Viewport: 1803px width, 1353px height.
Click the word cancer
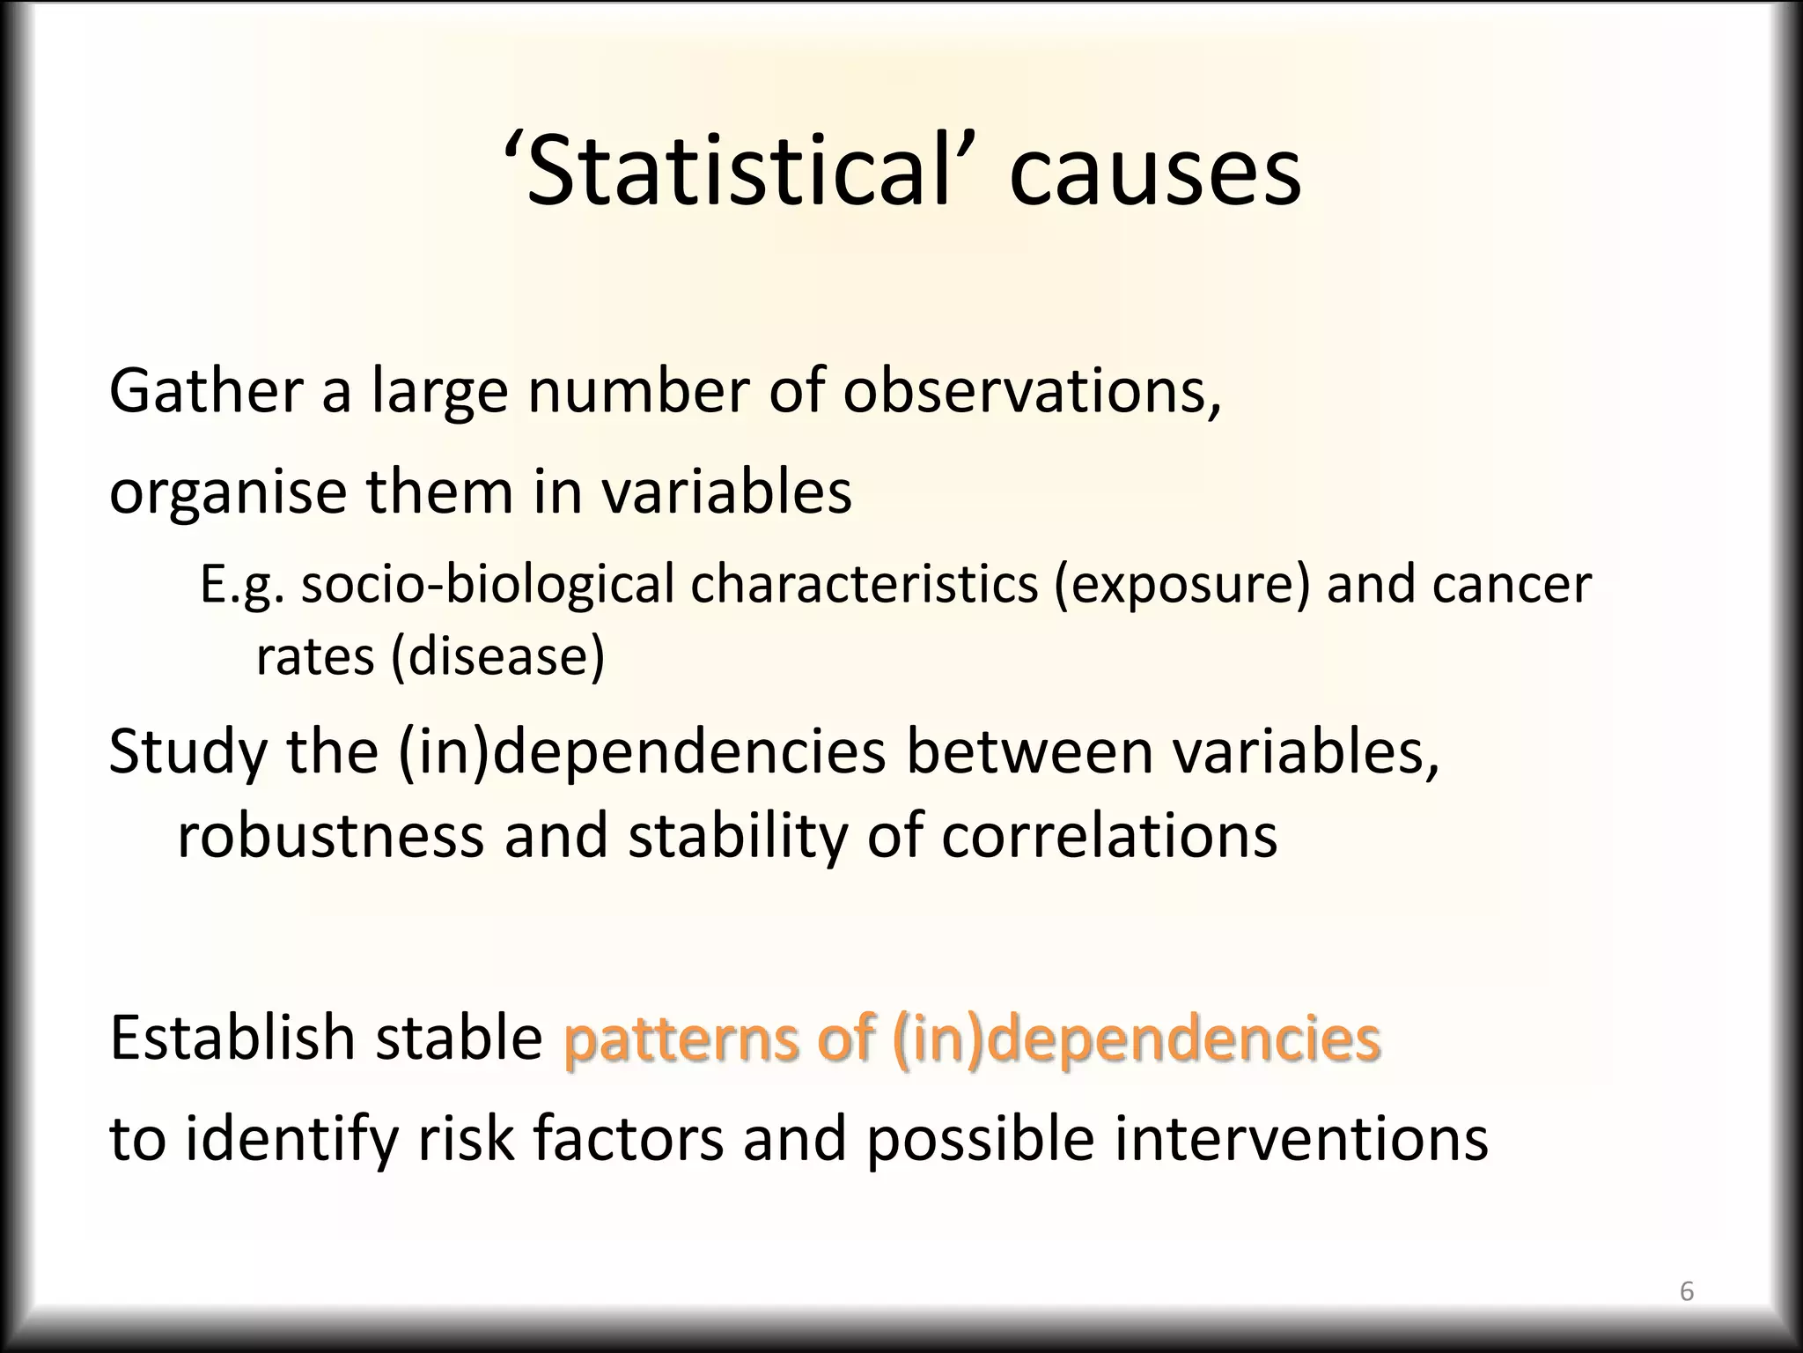tap(1511, 584)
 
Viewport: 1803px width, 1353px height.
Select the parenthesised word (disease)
tap(497, 655)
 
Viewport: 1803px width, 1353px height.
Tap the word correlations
tap(1109, 835)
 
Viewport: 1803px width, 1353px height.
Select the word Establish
tap(238, 1038)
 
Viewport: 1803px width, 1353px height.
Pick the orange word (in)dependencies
tap(1136, 1038)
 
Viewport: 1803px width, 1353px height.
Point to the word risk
tap(465, 1138)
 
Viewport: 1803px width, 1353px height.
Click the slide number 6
tap(1687, 1291)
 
